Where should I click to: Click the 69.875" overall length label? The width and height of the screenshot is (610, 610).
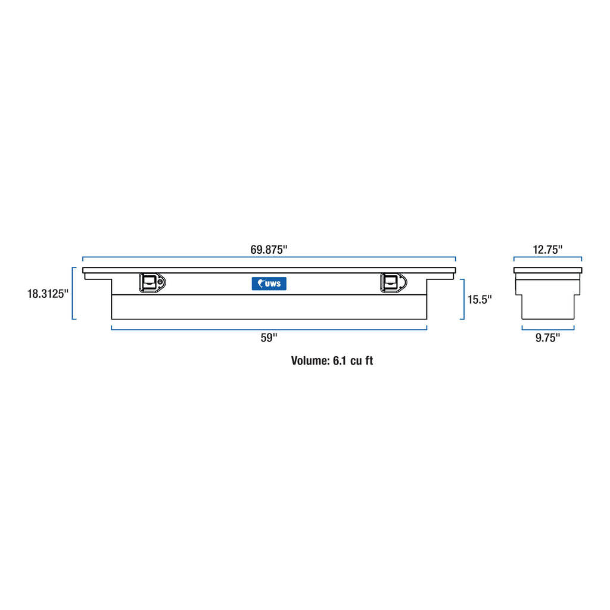(x=269, y=250)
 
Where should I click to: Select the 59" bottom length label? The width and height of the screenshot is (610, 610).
(x=269, y=338)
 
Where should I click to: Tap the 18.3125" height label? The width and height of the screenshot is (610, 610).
(x=48, y=294)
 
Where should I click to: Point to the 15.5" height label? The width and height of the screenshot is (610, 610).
(x=480, y=300)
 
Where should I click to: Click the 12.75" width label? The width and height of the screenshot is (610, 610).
(x=547, y=250)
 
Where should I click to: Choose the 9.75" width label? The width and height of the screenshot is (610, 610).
(x=547, y=338)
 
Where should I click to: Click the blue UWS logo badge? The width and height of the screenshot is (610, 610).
(x=269, y=284)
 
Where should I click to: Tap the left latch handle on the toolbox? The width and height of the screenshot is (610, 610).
(x=150, y=283)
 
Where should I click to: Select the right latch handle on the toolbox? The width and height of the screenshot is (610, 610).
(x=391, y=283)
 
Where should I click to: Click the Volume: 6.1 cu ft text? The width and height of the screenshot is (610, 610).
(x=332, y=360)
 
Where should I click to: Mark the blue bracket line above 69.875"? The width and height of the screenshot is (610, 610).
(x=269, y=258)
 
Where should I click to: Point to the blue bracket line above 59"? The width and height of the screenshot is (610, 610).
(x=269, y=328)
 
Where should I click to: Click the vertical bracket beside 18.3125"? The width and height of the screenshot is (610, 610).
(x=73, y=293)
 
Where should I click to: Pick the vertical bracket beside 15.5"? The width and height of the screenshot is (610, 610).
(x=462, y=299)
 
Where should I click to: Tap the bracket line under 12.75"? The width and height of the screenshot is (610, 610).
(x=547, y=258)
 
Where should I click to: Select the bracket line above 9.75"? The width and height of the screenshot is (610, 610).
(x=547, y=328)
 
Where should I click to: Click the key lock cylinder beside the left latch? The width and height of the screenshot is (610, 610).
(x=162, y=282)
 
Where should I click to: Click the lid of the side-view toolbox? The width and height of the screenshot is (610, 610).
(x=547, y=270)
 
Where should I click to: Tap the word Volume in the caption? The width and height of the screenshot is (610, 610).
(x=307, y=360)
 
